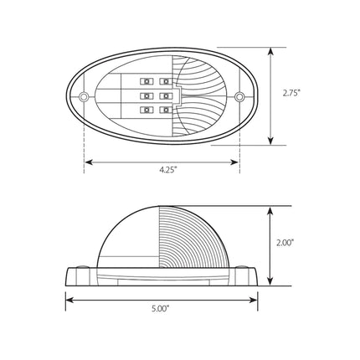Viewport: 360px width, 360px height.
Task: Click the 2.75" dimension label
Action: [291, 93]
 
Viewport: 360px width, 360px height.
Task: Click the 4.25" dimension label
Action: [168, 170]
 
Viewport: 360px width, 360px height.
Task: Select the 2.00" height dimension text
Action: [285, 243]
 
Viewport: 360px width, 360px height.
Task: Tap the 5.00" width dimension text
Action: [161, 309]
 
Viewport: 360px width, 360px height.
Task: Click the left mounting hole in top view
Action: [84, 97]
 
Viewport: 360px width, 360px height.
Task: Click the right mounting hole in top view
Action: [239, 97]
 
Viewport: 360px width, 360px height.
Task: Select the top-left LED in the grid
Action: [147, 81]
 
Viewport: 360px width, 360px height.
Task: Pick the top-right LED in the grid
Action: [166, 81]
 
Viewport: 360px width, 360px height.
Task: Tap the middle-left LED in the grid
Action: [147, 96]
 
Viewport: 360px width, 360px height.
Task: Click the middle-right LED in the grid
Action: [166, 96]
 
